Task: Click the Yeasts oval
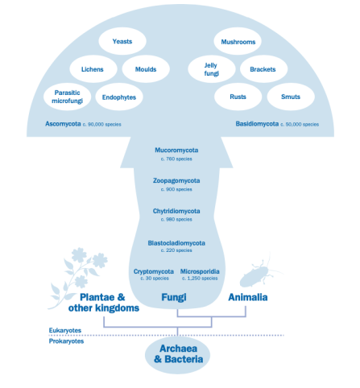pyautogui.click(x=122, y=41)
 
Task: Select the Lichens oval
pyautogui.click(x=93, y=69)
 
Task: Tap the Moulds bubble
pyautogui.click(x=146, y=69)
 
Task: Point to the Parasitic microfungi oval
pyautogui.click(x=68, y=97)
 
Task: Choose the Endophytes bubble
pyautogui.click(x=119, y=97)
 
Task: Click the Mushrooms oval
pyautogui.click(x=238, y=41)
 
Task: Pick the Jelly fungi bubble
pyautogui.click(x=212, y=69)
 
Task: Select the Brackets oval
pyautogui.click(x=263, y=69)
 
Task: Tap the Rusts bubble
pyautogui.click(x=238, y=97)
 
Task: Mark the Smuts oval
pyautogui.click(x=291, y=97)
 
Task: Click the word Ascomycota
pyautogui.click(x=63, y=124)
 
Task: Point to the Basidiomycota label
pyautogui.click(x=257, y=124)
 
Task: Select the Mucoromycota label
pyautogui.click(x=176, y=151)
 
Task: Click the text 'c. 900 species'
pyautogui.click(x=176, y=189)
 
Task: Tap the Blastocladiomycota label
pyautogui.click(x=176, y=243)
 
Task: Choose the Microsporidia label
pyautogui.click(x=200, y=271)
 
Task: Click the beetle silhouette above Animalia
pyautogui.click(x=258, y=274)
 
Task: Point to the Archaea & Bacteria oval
pyautogui.click(x=177, y=354)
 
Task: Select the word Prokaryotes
pyautogui.click(x=66, y=341)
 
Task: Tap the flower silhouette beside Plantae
pyautogui.click(x=78, y=276)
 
